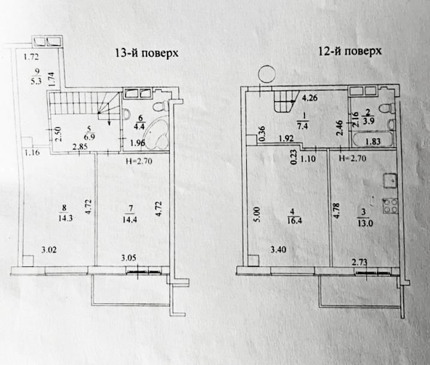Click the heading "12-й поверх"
(350, 52)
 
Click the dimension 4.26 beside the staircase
(310, 99)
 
